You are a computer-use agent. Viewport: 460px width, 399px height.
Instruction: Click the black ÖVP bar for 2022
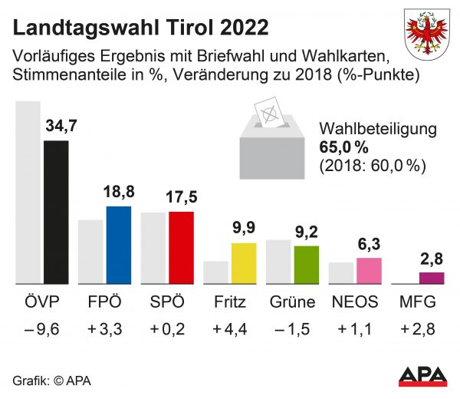(56, 213)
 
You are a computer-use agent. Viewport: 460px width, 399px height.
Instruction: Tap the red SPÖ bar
(182, 248)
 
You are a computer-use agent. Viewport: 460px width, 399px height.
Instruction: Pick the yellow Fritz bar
(244, 264)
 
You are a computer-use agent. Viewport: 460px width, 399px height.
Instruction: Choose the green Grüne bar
(307, 265)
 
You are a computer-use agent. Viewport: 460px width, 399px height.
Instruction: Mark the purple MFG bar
(432, 279)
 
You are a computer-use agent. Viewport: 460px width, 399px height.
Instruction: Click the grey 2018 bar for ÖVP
(29, 193)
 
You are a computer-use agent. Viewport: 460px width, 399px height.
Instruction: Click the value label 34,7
(63, 125)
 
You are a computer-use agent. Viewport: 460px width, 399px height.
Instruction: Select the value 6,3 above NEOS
(370, 244)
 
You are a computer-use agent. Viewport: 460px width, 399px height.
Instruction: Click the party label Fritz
(231, 301)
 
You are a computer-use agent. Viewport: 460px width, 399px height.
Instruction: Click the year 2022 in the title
(243, 28)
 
